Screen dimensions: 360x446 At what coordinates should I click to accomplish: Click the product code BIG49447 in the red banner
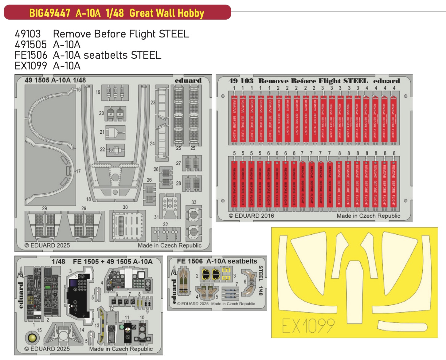49,13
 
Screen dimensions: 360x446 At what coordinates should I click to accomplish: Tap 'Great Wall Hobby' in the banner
167,13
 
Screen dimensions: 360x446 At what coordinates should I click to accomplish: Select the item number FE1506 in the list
31,55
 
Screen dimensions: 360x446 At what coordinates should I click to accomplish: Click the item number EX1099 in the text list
31,66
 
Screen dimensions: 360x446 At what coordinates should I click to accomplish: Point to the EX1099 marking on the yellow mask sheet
308,326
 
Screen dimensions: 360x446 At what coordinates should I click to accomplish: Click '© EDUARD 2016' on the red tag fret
251,216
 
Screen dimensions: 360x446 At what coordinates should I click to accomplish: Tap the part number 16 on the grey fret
78,90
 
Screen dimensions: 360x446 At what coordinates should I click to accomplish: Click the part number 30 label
125,207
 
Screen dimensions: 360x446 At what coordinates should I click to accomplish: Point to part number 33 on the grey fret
194,202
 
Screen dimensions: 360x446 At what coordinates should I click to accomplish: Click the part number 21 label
102,132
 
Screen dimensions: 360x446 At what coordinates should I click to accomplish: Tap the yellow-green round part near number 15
32,338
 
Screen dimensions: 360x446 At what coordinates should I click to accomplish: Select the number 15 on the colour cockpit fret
39,330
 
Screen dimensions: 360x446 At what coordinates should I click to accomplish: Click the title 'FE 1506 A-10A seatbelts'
217,261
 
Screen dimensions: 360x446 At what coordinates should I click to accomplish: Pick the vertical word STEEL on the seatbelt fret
261,273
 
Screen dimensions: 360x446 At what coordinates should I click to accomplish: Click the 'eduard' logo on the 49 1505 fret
188,80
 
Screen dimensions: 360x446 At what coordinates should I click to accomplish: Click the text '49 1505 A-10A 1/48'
55,80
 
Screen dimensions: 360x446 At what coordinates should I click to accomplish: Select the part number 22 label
102,150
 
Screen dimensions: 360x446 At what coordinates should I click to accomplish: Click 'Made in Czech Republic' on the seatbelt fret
233,304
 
